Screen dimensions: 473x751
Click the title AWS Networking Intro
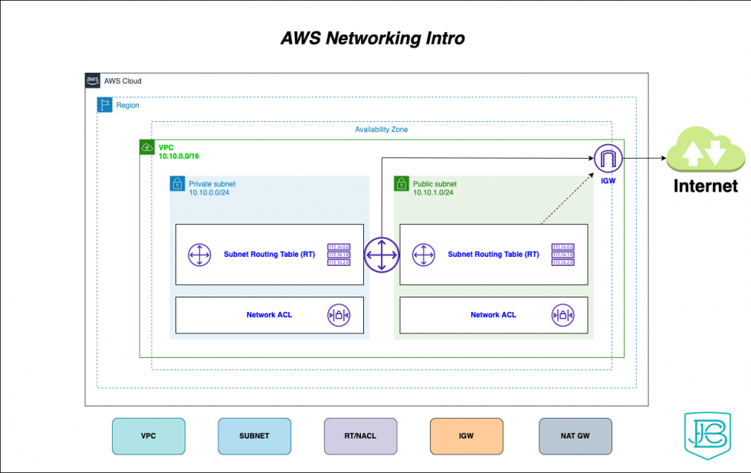[x=372, y=38]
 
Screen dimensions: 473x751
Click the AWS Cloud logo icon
[x=93, y=80]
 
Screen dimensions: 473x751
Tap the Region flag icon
[x=105, y=105]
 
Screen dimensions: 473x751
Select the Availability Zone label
[x=381, y=130]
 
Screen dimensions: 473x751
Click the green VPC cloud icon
[x=147, y=147]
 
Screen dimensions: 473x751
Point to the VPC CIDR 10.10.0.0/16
[x=179, y=156]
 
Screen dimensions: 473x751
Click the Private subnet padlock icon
[x=177, y=184]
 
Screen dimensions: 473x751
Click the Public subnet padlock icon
[x=402, y=184]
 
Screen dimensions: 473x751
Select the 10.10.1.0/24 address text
[x=433, y=193]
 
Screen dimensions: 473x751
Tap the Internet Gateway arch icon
[x=608, y=159]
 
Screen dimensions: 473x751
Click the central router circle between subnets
[x=382, y=254]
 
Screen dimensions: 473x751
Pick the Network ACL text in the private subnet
[x=269, y=314]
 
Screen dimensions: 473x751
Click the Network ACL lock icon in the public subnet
[x=563, y=314]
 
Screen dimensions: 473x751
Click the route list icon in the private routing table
[x=339, y=254]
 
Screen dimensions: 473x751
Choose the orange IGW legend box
[x=466, y=435]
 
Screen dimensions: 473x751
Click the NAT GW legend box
[x=575, y=435]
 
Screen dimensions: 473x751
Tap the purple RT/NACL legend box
[x=360, y=435]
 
